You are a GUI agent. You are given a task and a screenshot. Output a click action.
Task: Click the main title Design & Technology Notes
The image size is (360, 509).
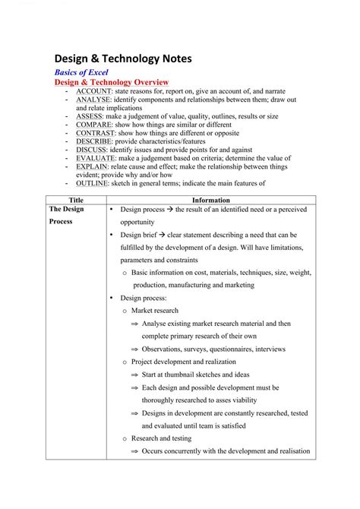coord(128,58)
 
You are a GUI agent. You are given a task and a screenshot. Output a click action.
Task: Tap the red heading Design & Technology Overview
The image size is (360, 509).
coord(111,82)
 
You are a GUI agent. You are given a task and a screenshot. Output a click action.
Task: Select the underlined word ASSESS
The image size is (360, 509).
coord(90,116)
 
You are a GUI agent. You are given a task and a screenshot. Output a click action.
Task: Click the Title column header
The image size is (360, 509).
coord(76,200)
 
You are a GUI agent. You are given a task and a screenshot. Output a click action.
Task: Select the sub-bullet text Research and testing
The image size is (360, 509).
coord(161,438)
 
